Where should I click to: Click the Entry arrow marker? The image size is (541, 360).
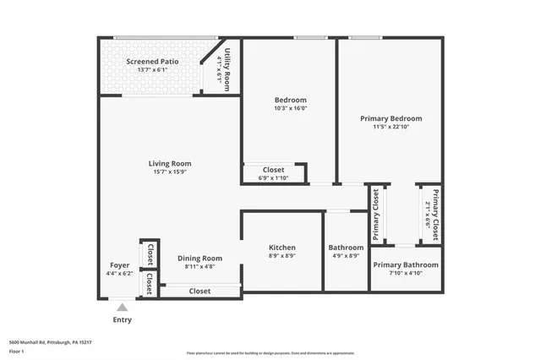[x=123, y=308]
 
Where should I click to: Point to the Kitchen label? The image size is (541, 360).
[x=282, y=247]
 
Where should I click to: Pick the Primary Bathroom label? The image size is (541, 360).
[x=407, y=265]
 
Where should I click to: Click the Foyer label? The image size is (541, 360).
[x=119, y=265]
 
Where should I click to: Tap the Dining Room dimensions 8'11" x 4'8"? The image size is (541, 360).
[x=199, y=267]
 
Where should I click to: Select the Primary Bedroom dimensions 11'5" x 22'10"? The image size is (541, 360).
[x=391, y=128]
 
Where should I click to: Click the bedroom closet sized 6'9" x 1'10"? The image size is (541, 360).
[x=274, y=173]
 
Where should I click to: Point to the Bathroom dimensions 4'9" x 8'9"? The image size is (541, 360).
[x=345, y=256]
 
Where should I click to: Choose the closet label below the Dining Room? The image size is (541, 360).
[x=199, y=291]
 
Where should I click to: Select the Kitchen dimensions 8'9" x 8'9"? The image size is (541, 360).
[x=282, y=256]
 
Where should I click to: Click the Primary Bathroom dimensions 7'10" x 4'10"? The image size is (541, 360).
[x=407, y=274]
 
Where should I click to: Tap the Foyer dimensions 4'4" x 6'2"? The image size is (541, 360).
[x=119, y=274]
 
